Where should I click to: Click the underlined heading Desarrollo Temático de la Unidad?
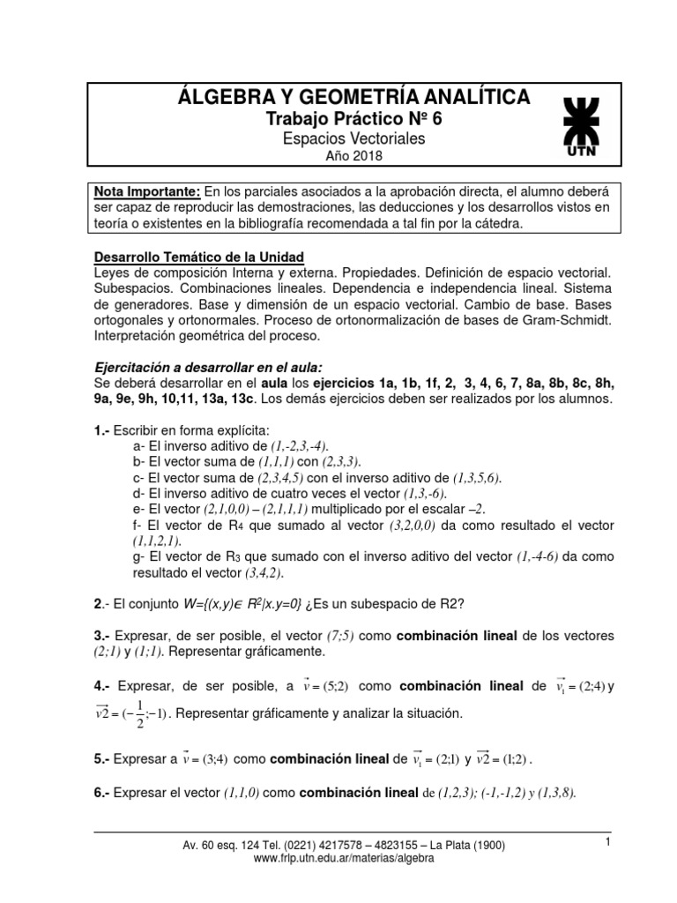tap(198, 257)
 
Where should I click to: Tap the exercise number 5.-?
tap(104, 757)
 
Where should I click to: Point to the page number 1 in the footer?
tap(608, 843)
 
